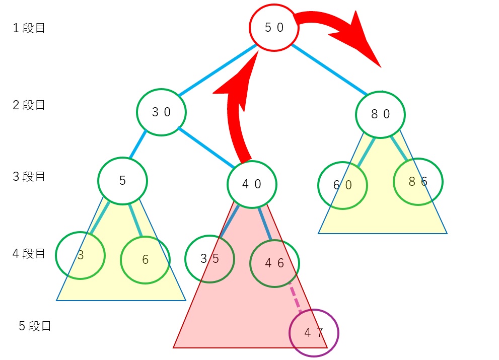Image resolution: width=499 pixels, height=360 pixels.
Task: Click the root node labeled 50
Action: [x=274, y=28]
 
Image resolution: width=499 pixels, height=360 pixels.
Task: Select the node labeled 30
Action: [x=162, y=112]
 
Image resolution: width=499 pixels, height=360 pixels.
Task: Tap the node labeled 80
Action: [x=381, y=114]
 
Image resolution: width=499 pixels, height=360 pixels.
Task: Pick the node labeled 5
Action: [x=122, y=181]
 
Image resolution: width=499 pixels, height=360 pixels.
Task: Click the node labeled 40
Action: [x=252, y=184]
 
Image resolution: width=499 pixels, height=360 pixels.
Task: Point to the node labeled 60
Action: [x=342, y=185]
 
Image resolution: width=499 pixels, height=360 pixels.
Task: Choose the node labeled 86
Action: [x=418, y=182]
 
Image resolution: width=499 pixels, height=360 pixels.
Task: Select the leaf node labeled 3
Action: [x=80, y=255]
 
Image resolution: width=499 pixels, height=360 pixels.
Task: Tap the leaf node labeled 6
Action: [x=145, y=260]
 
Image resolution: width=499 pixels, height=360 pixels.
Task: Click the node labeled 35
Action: [x=209, y=259]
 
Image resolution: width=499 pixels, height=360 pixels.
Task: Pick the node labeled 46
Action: [x=274, y=263]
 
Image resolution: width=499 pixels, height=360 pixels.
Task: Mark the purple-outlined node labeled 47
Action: [x=314, y=333]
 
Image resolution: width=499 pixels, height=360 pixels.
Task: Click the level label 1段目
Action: [x=29, y=28]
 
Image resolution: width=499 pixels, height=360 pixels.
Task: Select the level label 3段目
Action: [x=29, y=177]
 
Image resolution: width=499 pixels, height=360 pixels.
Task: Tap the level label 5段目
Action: [x=35, y=326]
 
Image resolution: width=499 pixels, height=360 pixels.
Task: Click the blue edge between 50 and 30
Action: [x=217, y=70]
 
